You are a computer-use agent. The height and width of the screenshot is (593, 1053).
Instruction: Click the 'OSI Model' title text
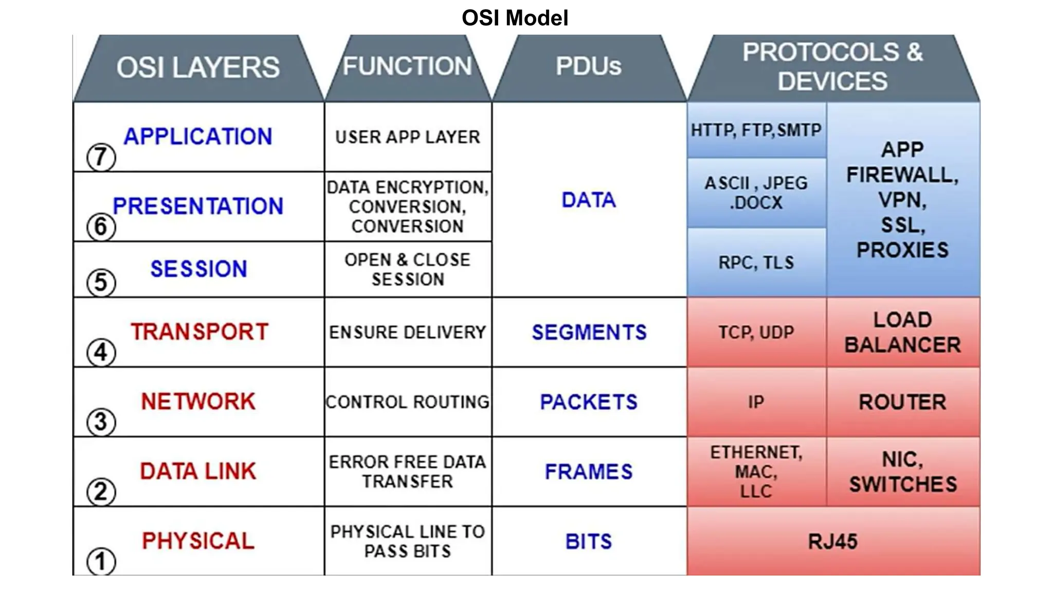click(515, 18)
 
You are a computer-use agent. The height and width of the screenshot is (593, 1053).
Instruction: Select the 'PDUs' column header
click(589, 66)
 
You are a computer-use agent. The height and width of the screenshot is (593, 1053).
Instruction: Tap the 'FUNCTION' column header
click(407, 66)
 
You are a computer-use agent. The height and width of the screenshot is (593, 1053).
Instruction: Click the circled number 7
click(101, 157)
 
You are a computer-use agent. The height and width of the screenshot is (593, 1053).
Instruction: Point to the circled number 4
click(101, 353)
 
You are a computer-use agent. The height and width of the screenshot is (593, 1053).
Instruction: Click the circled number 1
click(101, 561)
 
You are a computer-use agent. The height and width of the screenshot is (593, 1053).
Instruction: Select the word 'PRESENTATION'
click(198, 206)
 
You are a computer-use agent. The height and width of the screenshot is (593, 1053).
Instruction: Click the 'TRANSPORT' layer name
click(199, 332)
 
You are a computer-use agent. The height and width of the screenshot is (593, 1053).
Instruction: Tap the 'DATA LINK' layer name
click(198, 471)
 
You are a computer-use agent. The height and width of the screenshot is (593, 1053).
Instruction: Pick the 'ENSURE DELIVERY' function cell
click(407, 332)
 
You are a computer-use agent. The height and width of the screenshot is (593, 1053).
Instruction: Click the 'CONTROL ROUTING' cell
click(407, 402)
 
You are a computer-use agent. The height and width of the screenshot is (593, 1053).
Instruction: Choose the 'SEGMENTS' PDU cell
click(589, 332)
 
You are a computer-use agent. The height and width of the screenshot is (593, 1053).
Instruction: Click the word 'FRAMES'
click(589, 472)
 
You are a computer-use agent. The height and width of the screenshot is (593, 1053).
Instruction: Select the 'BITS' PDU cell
click(589, 541)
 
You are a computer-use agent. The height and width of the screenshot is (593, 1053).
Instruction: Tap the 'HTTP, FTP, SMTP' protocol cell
click(756, 130)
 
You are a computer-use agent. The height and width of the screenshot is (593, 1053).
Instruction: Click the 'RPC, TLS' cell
click(756, 263)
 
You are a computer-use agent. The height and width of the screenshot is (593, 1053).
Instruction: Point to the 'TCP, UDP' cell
click(756, 332)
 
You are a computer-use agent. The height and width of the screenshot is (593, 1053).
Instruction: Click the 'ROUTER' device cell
click(902, 402)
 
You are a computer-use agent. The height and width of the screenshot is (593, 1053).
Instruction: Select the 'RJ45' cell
click(833, 541)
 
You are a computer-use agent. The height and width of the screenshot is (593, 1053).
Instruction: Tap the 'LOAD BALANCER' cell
click(902, 332)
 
